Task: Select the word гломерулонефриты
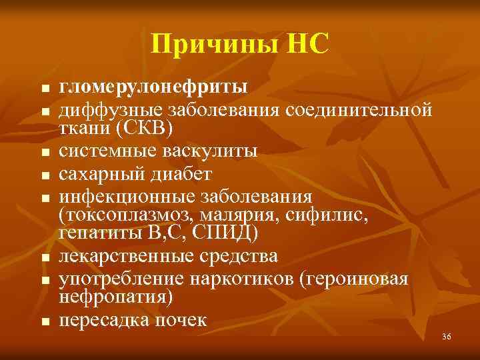pyautogui.click(x=154, y=87)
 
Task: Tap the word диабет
pyautogui.click(x=179, y=174)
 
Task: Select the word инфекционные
pyautogui.click(x=127, y=197)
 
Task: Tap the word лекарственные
pyautogui.click(x=126, y=256)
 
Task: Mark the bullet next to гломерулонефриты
pyautogui.click(x=44, y=89)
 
